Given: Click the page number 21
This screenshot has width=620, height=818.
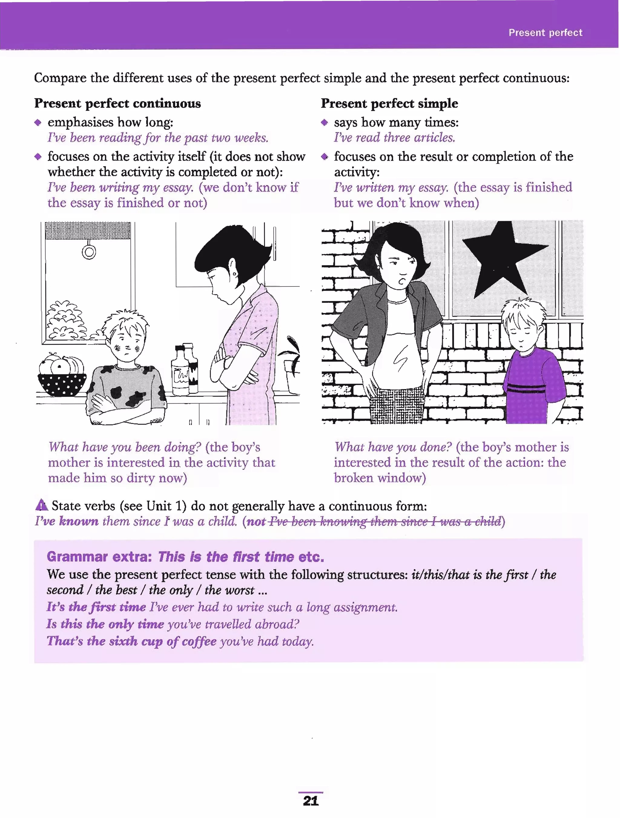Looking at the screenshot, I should tap(311, 801).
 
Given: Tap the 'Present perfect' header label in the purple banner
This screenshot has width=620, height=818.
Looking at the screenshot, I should tap(545, 33).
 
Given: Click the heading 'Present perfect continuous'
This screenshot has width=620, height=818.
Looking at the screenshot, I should tap(117, 104).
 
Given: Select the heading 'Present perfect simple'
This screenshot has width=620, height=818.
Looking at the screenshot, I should tap(389, 104).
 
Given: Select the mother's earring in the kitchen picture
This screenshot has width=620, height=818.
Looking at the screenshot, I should tap(234, 274).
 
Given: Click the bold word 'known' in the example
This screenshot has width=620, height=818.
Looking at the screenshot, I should tap(78, 521).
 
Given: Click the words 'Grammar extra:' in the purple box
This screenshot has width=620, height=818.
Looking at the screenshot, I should tap(99, 556).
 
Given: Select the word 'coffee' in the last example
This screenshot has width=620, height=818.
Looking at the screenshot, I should tap(199, 641).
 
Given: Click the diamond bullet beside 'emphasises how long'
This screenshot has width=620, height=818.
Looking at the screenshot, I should tap(38, 122).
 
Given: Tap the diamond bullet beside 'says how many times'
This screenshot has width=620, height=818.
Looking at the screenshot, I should tap(324, 122).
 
